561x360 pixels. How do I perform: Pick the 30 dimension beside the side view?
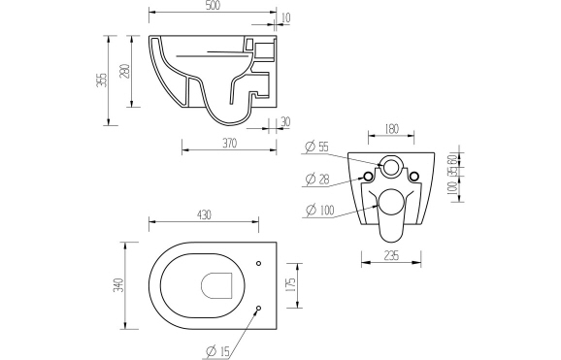tap(284, 121)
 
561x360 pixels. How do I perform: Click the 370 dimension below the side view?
tap(229, 143)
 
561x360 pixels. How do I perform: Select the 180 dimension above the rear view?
tap(390, 126)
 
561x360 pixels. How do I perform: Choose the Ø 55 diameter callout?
tap(317, 147)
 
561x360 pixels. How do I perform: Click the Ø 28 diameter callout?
tap(317, 179)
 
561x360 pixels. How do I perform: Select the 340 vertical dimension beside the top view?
tap(116, 285)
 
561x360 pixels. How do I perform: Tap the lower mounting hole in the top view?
tap(258, 309)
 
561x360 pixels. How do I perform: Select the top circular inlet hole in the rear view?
tap(390, 167)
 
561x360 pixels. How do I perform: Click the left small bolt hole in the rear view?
tap(367, 176)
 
